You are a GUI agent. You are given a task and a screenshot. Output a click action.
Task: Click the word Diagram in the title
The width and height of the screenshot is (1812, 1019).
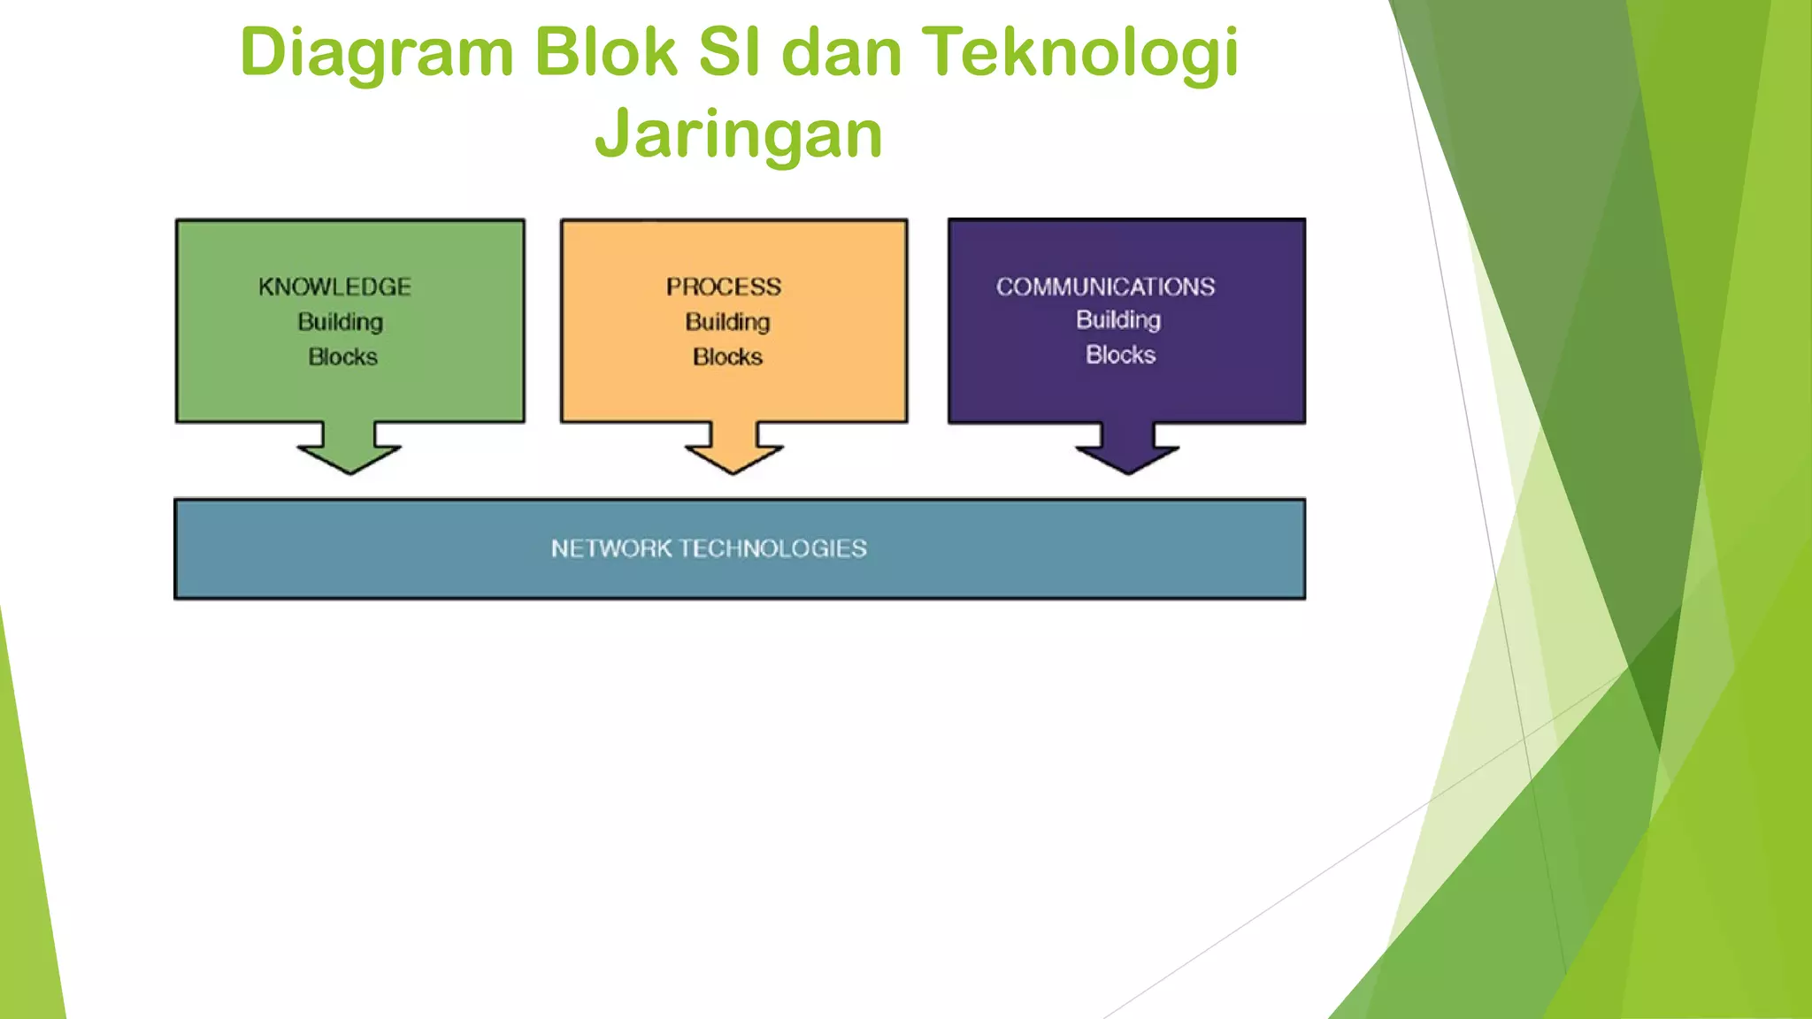375,53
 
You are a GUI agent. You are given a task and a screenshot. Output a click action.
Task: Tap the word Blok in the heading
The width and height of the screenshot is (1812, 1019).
605,53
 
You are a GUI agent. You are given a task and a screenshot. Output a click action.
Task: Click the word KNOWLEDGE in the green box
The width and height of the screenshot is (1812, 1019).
334,287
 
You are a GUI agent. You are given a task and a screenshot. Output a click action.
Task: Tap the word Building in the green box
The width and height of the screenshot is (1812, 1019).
340,322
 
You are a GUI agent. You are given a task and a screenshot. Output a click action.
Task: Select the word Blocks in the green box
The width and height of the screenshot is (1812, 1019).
342,356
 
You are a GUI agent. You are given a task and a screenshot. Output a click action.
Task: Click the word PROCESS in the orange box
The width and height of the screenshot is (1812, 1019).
724,287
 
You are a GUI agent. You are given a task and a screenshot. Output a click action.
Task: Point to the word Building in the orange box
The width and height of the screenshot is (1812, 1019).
727,322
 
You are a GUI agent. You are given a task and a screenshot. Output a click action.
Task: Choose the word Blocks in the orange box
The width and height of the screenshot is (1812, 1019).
727,356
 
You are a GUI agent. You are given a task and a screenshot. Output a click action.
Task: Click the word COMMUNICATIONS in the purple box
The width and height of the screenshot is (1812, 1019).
1105,287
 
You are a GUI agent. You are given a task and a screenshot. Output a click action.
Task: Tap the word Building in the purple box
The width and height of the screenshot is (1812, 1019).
1117,320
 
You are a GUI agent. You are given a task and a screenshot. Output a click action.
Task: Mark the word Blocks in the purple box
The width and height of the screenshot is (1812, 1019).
1120,355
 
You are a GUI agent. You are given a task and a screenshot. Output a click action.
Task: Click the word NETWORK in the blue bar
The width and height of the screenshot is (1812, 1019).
611,548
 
